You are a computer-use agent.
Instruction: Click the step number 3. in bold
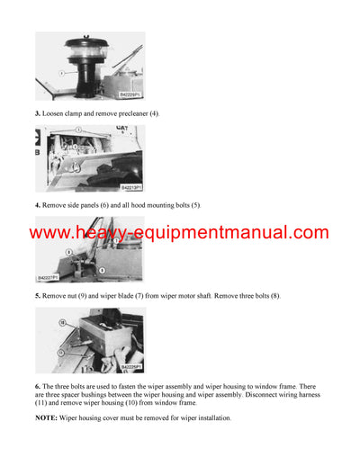pos(38,112)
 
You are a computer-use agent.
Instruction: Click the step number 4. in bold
pos(38,205)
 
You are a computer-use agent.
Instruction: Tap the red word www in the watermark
pos(56,232)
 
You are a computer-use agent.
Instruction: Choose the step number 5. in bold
pos(38,296)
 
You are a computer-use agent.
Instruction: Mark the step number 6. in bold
pos(38,385)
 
